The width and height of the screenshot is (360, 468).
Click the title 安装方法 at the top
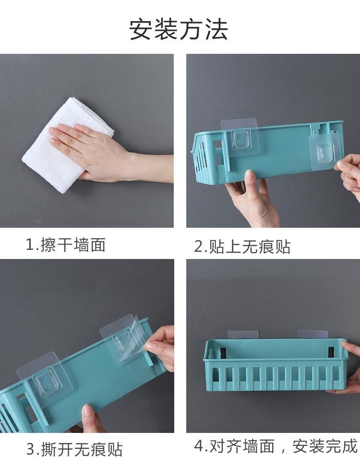click(179, 29)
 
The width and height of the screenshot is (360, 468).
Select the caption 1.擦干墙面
click(66, 245)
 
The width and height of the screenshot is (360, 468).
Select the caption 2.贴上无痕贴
click(242, 246)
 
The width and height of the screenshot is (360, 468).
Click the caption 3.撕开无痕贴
click(74, 449)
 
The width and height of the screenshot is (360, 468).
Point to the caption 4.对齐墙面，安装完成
click(276, 446)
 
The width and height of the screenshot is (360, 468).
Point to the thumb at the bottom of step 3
click(89, 418)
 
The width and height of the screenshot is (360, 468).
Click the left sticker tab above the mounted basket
click(243, 334)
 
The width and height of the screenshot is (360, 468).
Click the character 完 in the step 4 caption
click(333, 446)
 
